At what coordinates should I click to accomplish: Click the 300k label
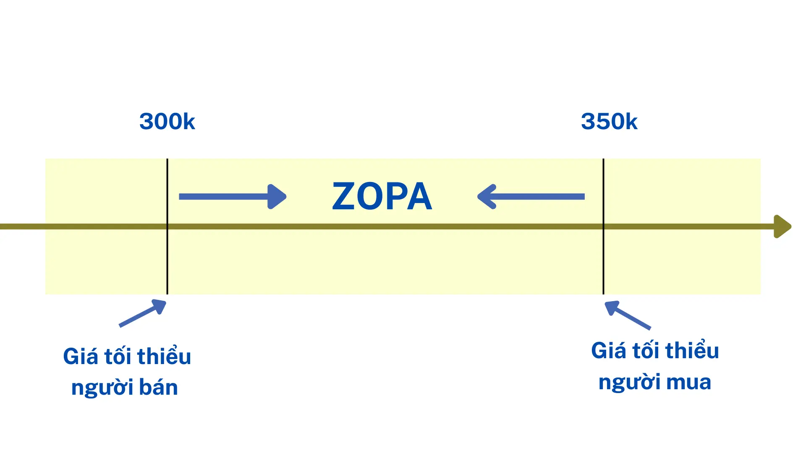[x=167, y=122]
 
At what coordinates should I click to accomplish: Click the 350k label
[x=609, y=122]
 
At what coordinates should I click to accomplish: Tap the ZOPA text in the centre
[x=382, y=196]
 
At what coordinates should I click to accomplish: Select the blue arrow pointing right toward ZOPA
[x=232, y=196]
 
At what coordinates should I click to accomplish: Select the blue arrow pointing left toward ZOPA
[x=531, y=196]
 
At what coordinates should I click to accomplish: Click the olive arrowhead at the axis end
[x=782, y=226]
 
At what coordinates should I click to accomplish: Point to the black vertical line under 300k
[x=167, y=260]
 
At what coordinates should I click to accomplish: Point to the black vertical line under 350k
[x=604, y=260]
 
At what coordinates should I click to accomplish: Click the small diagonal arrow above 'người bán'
[x=143, y=313]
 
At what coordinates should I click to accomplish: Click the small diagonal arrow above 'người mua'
[x=628, y=315]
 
